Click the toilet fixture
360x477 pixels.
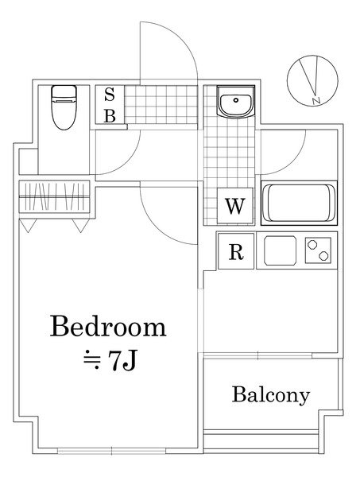click(64, 107)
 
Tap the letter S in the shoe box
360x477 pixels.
click(110, 95)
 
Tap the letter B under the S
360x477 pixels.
click(110, 116)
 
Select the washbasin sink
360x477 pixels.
click(234, 103)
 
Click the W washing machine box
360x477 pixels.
click(234, 207)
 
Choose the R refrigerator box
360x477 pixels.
click(236, 253)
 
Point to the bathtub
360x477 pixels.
click(300, 204)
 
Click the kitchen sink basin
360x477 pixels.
click(279, 251)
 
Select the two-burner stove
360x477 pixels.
click(319, 251)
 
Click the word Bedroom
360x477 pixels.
click(108, 327)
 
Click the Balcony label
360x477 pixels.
click(271, 394)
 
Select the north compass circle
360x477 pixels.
click(311, 80)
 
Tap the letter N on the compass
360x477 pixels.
click(315, 100)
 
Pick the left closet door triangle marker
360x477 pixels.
click(29, 227)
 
